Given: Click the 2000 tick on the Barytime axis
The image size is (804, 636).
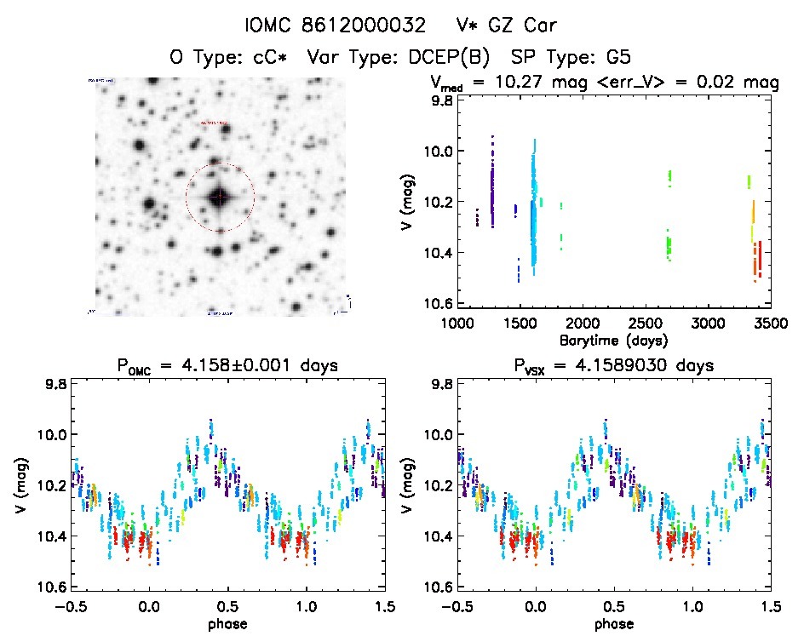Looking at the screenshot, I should pyautogui.click(x=581, y=324).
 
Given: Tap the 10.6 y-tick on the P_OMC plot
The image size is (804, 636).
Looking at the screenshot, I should pyautogui.click(x=50, y=587).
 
